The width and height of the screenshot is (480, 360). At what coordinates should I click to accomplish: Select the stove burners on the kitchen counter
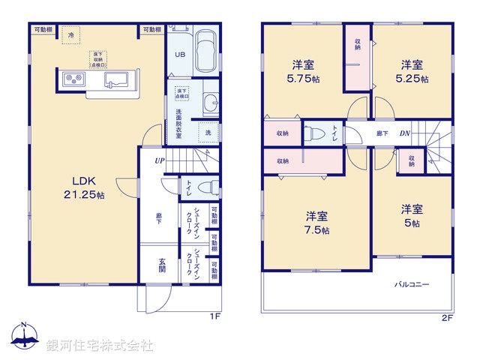coord(73,78)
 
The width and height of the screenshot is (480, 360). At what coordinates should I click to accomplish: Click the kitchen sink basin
coord(118,79)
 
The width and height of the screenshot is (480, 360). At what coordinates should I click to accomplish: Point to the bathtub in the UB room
coord(204,52)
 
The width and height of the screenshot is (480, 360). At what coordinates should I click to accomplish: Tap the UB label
coord(180,55)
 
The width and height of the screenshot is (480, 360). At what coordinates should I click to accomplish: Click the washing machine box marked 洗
coord(208,133)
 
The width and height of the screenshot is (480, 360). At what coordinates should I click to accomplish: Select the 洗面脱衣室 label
coord(178,124)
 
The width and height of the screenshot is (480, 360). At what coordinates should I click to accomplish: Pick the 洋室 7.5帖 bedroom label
coord(316,222)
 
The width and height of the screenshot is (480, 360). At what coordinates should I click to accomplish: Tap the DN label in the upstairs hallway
coord(403,133)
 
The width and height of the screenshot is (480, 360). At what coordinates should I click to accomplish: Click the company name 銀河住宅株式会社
coord(100,346)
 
